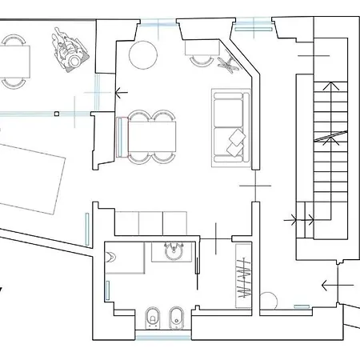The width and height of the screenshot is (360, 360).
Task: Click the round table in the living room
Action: coord(146,54)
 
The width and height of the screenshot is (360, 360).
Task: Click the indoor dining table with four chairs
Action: coord(151,136)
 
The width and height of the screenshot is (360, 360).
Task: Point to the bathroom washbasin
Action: coord(171,252)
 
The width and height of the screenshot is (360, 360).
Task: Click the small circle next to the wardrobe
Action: coord(267,302)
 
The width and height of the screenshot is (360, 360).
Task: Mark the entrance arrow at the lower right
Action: coord(330,284)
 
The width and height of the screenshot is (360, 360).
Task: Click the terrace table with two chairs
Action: coord(14,60)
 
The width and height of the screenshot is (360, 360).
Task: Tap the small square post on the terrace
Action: coord(56,114)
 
